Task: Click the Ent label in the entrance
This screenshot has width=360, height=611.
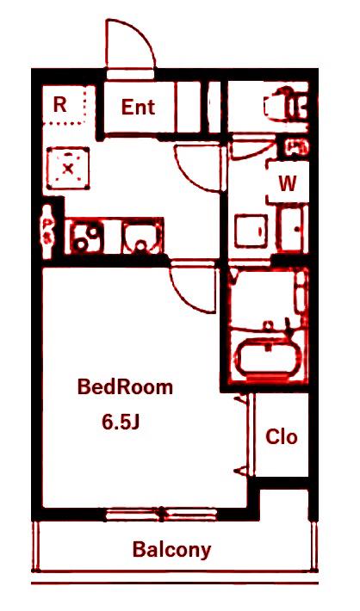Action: click(138, 107)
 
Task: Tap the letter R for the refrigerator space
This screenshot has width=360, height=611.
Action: click(59, 104)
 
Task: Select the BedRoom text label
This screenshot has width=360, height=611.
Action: click(125, 387)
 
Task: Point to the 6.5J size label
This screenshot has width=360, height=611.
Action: click(121, 422)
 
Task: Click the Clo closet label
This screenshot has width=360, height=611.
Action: click(282, 436)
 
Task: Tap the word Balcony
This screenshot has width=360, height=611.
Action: click(171, 550)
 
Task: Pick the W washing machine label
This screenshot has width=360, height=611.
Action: click(288, 183)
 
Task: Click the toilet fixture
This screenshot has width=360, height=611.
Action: click(286, 104)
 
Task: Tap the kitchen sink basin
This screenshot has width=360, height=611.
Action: click(141, 238)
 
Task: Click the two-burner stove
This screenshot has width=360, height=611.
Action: click(87, 237)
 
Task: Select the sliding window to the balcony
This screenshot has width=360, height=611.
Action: click(161, 515)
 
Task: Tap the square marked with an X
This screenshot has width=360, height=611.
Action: click(68, 169)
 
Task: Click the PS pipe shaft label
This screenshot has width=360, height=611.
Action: click(48, 231)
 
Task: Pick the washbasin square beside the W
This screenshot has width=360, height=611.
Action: click(251, 231)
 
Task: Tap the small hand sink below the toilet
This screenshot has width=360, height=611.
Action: click(297, 147)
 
